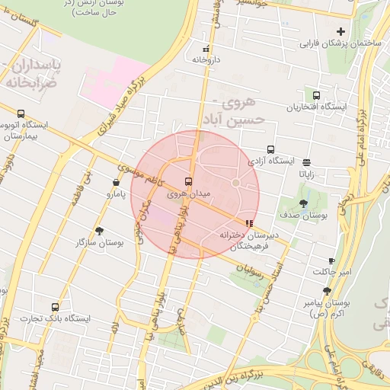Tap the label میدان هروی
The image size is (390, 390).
coord(188,194)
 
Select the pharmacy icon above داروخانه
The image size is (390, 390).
coord(206,49)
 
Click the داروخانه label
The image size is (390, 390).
coord(206,59)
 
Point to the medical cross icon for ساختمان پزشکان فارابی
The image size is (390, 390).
coord(340,32)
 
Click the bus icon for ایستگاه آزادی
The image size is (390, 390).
coord(270,150)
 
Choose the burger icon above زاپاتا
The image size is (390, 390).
coord(306,162)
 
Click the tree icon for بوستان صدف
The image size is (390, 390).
coord(304,203)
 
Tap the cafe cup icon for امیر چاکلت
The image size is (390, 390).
coord(331,260)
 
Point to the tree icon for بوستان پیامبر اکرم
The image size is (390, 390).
coord(327,291)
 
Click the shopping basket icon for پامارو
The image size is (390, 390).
coord(116,183)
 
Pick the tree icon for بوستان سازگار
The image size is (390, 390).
coord(100,230)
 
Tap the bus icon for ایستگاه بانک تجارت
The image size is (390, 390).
coord(54,306)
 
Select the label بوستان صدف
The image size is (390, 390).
coord(303,216)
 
